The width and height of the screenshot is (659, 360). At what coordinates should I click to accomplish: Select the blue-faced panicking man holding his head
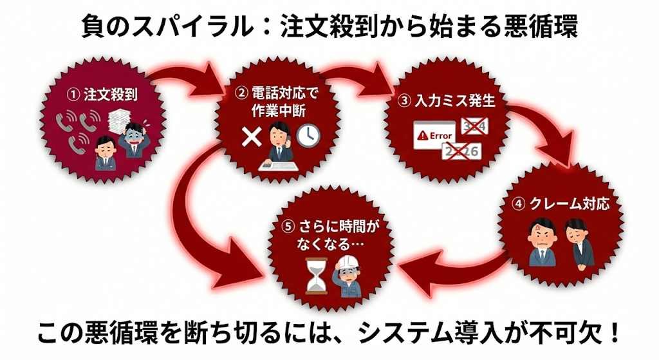click(x=134, y=140)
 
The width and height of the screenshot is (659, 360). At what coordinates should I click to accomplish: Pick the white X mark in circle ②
click(x=249, y=135)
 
